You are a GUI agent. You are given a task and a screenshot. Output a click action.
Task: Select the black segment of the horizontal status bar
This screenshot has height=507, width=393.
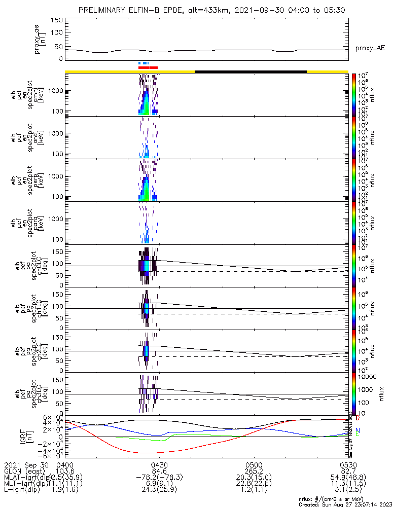[x=251, y=71]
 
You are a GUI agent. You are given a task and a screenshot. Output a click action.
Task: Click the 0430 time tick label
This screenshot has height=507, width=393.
[x=159, y=465]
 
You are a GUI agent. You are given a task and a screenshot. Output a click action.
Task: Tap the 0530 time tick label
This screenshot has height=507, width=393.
[x=348, y=465]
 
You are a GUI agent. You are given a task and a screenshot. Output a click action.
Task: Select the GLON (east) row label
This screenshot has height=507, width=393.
[x=24, y=471]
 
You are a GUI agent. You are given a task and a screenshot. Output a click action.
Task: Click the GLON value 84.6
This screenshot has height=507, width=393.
[x=159, y=471]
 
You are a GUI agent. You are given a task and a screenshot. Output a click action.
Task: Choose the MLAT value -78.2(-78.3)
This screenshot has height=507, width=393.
[x=159, y=477]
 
